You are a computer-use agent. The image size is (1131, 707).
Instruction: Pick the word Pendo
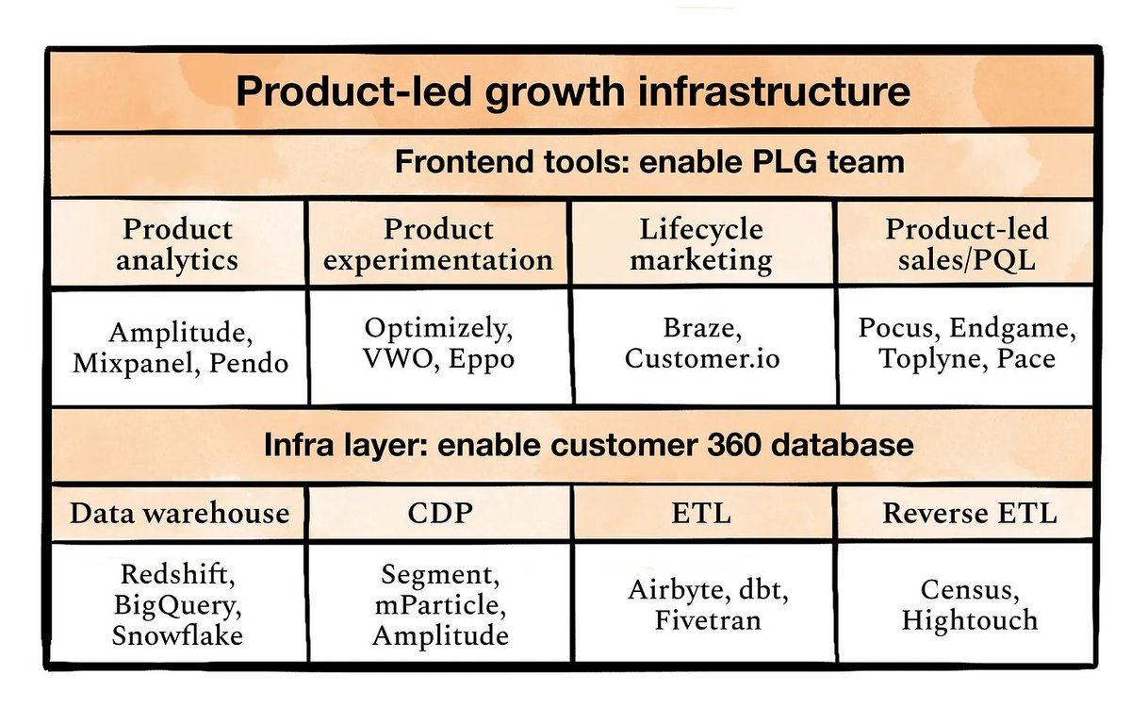click(242, 363)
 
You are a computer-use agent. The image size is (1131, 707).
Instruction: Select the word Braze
click(702, 330)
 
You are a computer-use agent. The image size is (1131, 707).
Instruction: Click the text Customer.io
click(702, 359)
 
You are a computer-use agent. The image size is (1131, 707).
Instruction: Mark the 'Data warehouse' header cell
click(179, 513)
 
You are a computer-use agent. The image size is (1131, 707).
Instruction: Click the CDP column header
click(438, 513)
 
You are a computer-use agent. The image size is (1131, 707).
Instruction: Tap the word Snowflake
click(178, 634)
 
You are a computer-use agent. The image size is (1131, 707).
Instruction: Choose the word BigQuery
click(178, 604)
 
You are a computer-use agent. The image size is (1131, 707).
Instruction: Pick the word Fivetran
click(701, 621)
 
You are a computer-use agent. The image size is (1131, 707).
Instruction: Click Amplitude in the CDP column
click(440, 634)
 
